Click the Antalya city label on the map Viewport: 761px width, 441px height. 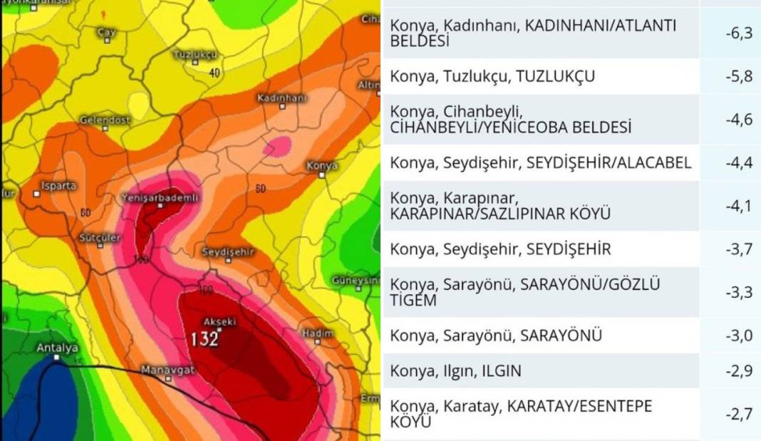click(57, 348)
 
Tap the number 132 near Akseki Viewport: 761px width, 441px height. click(204, 338)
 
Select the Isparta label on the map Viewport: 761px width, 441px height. click(59, 185)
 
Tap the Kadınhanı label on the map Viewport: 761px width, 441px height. click(281, 97)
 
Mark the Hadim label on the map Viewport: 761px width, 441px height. click(318, 333)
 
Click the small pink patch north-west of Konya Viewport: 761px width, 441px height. click(277, 147)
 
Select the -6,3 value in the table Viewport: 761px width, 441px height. click(734, 33)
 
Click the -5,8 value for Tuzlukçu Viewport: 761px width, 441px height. click(734, 76)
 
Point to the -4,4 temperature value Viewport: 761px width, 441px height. click(734, 162)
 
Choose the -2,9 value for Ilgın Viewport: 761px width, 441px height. click(734, 371)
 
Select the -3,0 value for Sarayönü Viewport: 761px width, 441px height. click(734, 336)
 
